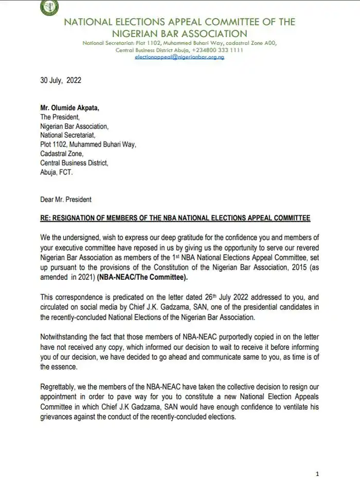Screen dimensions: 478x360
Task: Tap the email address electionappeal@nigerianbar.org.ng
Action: click(x=179, y=57)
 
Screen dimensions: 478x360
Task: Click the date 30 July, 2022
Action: click(x=61, y=81)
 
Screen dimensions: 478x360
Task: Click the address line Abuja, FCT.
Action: click(x=57, y=172)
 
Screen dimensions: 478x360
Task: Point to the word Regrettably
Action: click(x=60, y=390)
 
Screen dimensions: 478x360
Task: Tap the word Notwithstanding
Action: click(x=65, y=337)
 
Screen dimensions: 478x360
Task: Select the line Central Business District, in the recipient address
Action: click(x=74, y=163)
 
